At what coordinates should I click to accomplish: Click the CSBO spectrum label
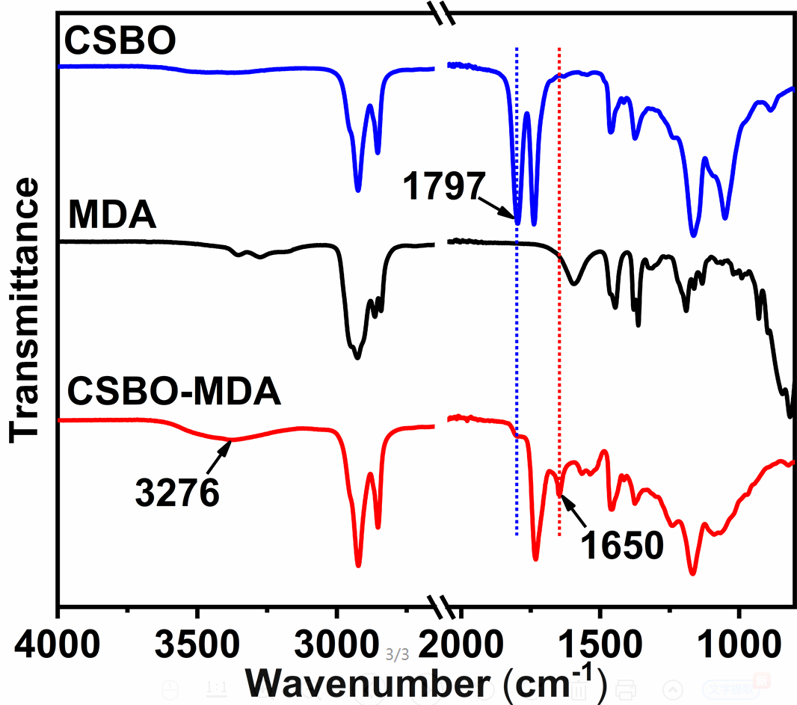click(120, 41)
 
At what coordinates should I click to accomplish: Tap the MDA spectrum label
click(111, 217)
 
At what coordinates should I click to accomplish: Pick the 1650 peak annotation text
click(623, 546)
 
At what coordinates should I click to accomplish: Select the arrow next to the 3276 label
click(220, 455)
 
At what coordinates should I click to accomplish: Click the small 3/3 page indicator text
click(398, 656)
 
